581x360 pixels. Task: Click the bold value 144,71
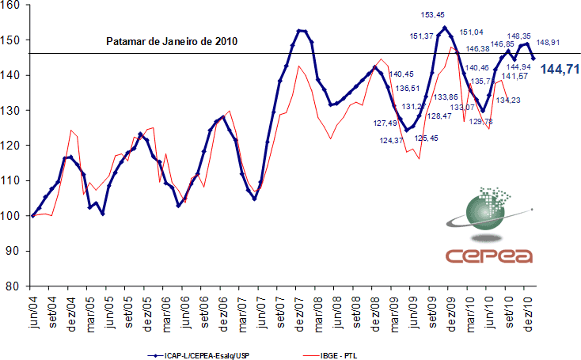point(559,70)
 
